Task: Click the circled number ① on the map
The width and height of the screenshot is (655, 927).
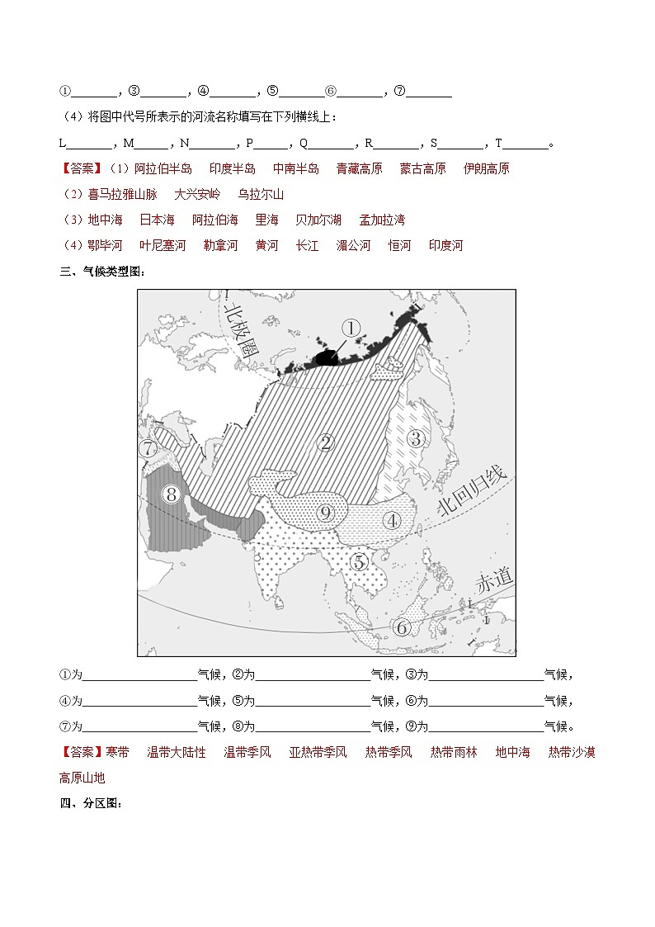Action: point(351,329)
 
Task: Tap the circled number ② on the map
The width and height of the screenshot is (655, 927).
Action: point(326,442)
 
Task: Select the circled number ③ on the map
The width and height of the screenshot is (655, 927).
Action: point(417,438)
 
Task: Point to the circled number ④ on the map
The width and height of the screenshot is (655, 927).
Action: point(391,521)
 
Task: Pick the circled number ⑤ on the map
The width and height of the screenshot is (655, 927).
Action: point(360,562)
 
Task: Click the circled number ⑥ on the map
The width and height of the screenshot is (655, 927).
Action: point(403,627)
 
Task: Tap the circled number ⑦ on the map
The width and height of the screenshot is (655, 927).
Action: point(148,449)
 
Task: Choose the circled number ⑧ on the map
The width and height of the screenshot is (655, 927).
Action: point(172,494)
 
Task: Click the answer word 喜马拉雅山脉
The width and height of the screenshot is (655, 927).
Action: point(120,195)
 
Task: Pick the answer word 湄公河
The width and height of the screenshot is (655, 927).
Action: point(353,246)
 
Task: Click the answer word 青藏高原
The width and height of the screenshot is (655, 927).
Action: point(359,169)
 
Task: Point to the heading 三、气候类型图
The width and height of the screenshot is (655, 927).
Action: point(101,272)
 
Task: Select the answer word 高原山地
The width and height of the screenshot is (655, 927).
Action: point(82,778)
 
